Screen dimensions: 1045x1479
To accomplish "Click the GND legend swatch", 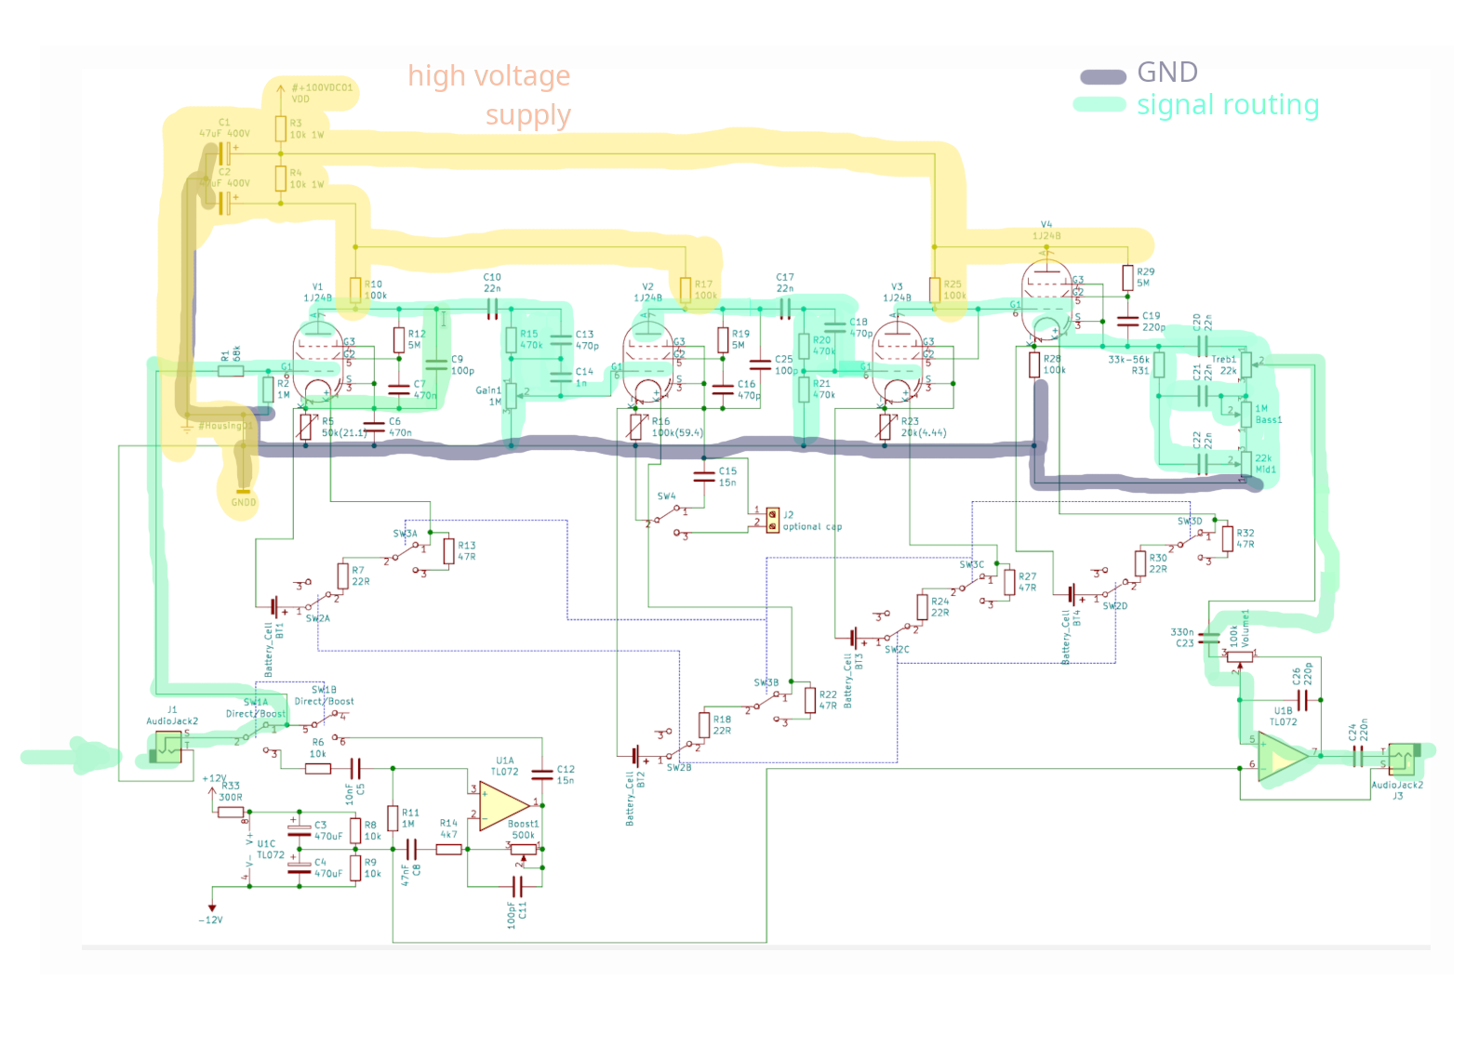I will (x=1102, y=76).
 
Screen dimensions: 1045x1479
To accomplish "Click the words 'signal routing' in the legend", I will (x=1227, y=105).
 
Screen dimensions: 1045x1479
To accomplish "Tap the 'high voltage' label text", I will (x=488, y=76).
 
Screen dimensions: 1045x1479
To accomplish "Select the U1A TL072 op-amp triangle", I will (x=503, y=805).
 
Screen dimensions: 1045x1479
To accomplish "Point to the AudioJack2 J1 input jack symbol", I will (x=168, y=747).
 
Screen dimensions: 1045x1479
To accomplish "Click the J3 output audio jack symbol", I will (x=1401, y=759).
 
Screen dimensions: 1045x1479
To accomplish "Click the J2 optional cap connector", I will (x=772, y=520).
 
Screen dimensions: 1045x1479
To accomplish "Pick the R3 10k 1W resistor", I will (x=280, y=128).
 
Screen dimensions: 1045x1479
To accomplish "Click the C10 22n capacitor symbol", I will (x=492, y=308).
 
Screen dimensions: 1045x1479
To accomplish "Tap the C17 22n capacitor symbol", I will (x=784, y=308).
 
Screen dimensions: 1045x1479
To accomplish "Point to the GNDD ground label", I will (x=243, y=501).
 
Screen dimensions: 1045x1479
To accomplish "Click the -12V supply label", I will (x=211, y=919).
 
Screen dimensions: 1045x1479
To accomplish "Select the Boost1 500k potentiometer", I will (x=524, y=848).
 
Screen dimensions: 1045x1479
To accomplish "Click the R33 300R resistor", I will (x=231, y=812).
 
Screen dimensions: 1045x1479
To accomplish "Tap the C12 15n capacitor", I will (x=542, y=774).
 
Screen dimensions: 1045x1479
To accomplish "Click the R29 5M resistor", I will (x=1127, y=277).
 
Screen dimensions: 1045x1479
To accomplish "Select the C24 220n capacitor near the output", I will (x=1357, y=757).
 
